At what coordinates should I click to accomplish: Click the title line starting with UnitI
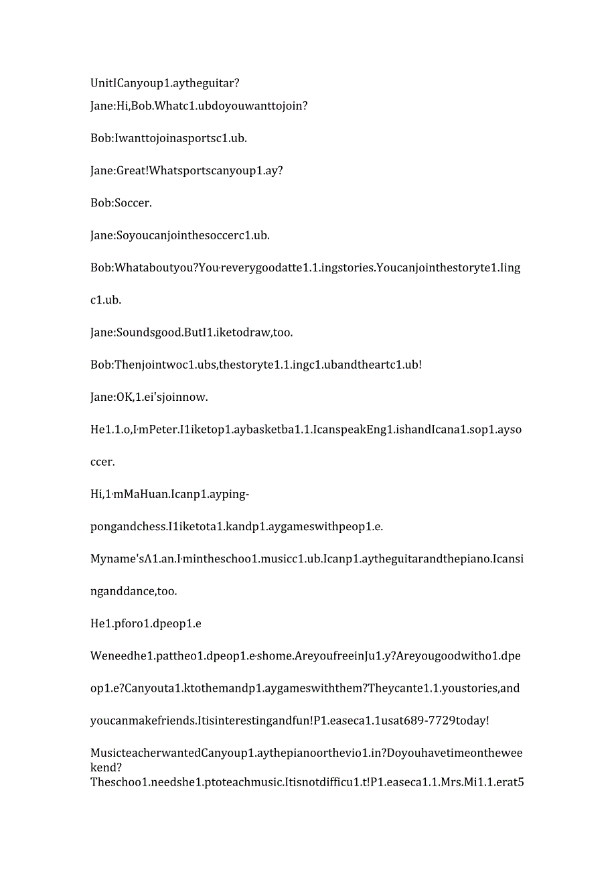pyautogui.click(x=165, y=83)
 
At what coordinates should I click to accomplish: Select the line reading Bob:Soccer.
pyautogui.click(x=121, y=202)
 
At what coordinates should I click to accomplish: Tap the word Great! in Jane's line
pyautogui.click(x=132, y=170)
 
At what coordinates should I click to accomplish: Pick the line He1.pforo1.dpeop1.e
pyautogui.click(x=146, y=623)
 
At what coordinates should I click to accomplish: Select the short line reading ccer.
pyautogui.click(x=102, y=462)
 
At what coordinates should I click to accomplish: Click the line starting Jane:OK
pyautogui.click(x=149, y=397)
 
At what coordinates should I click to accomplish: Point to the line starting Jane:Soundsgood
pyautogui.click(x=191, y=332)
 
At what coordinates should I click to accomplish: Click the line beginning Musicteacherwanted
pyautogui.click(x=306, y=753)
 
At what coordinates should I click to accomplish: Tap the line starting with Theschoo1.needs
pyautogui.click(x=306, y=782)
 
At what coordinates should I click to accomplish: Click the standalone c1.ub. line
pyautogui.click(x=106, y=300)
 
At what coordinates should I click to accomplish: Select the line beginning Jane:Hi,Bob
pyautogui.click(x=199, y=105)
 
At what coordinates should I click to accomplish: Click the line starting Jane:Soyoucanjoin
pyautogui.click(x=180, y=235)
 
